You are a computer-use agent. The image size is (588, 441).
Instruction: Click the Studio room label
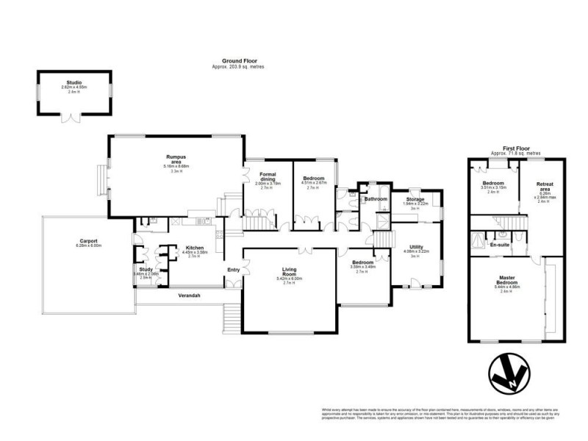(x=74, y=83)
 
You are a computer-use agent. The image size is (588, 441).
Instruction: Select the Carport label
(x=89, y=240)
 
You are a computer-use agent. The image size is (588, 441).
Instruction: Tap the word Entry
(x=234, y=270)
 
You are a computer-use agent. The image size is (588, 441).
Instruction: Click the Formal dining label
(x=267, y=176)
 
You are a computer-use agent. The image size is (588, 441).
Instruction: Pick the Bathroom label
(x=376, y=199)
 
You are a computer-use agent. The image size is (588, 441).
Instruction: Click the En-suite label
(x=500, y=244)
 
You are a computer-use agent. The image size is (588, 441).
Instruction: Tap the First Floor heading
(x=517, y=148)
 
